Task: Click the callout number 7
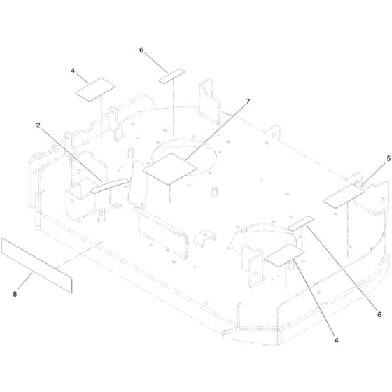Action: click(x=248, y=101)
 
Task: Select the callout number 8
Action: click(x=15, y=294)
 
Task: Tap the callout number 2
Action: click(x=38, y=125)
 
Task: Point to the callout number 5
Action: click(x=388, y=158)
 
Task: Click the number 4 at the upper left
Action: click(x=73, y=71)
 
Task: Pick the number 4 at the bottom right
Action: click(x=337, y=340)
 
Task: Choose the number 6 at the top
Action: click(x=141, y=50)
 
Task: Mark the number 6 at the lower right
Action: click(x=379, y=314)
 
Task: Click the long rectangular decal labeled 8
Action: click(x=36, y=265)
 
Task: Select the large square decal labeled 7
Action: click(x=169, y=169)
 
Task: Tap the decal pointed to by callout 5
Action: click(x=344, y=196)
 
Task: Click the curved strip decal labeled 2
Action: click(x=109, y=185)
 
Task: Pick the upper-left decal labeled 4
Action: click(x=95, y=90)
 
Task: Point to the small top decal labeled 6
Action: click(x=171, y=76)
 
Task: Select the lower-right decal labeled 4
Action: click(x=284, y=255)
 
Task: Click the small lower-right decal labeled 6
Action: click(x=300, y=223)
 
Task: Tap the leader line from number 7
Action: click(x=216, y=132)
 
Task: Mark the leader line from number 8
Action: click(x=25, y=281)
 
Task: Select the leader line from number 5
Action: click(x=373, y=174)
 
